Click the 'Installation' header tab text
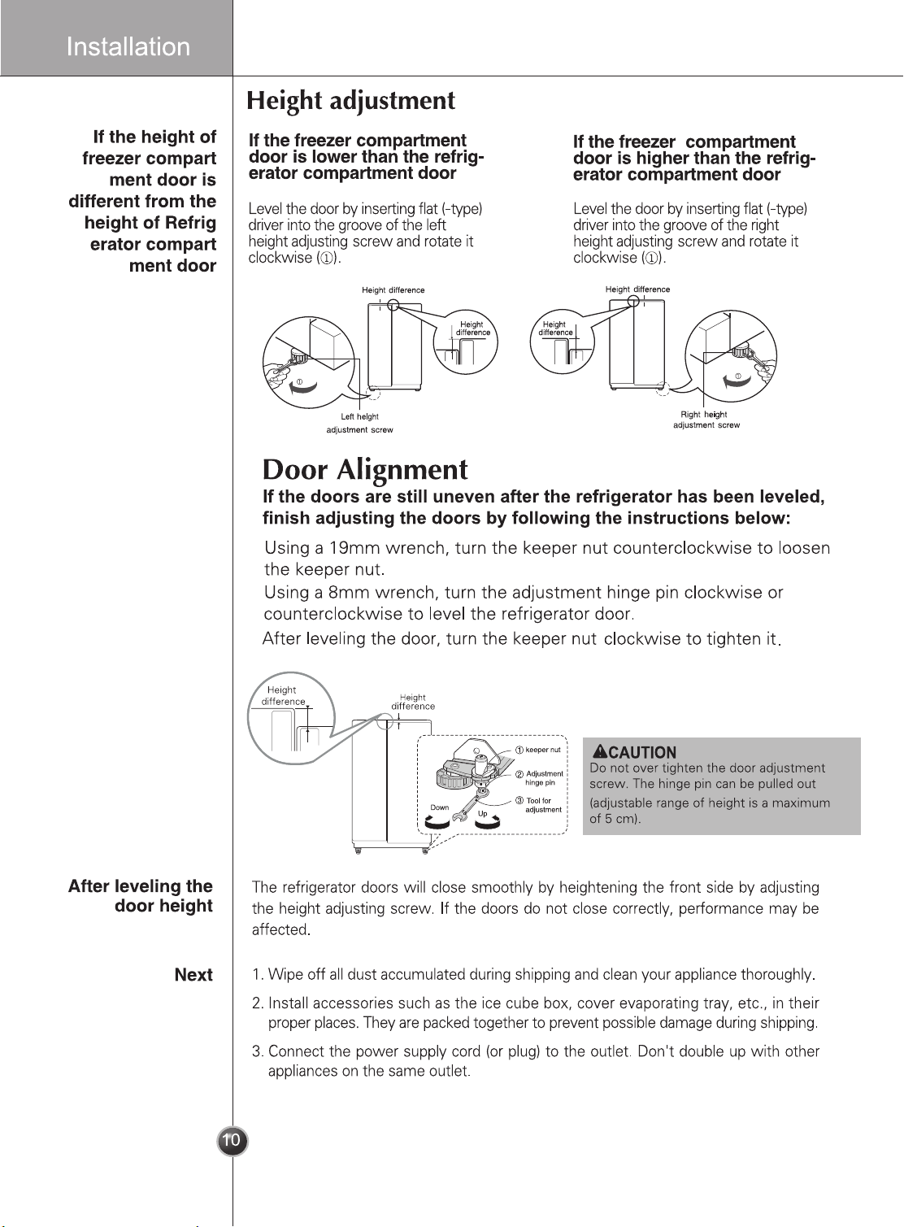pos(128,46)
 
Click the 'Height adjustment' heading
pos(350,102)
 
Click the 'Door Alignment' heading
pos(365,470)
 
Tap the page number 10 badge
pos(233,1142)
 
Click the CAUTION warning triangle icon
pos(601,751)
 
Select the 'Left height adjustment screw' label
pos(360,424)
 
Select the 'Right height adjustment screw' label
pos(706,420)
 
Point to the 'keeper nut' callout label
pos(542,750)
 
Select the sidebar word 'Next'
pos(193,975)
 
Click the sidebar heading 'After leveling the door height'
pos(140,896)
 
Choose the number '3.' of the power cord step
pos(258,1051)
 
